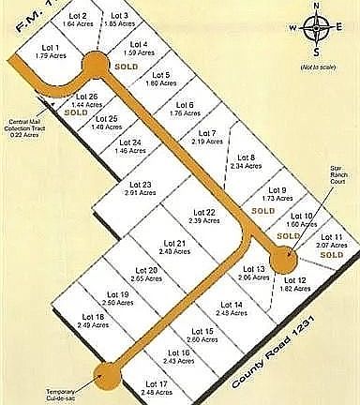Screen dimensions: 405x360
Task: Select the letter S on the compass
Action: [x=317, y=52]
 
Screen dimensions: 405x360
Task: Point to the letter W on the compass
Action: [x=294, y=28]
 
